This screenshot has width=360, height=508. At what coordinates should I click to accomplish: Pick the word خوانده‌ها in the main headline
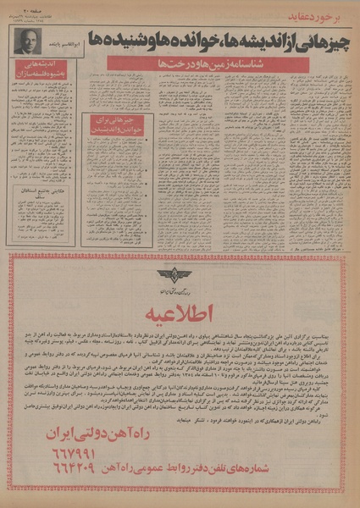[191, 40]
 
